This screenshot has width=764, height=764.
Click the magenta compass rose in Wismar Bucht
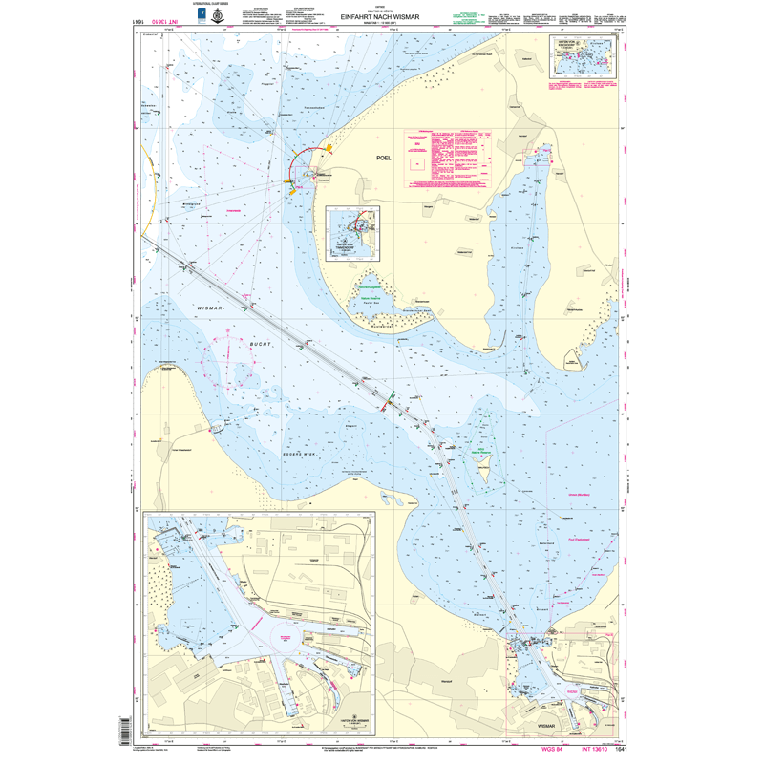click(229, 360)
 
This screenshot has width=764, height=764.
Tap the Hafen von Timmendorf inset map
click(353, 234)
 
